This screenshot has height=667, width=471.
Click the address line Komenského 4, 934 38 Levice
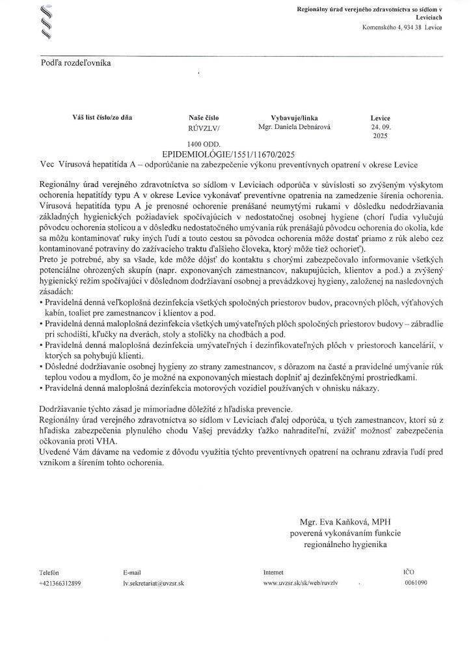point(401,29)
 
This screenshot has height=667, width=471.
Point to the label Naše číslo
point(203,117)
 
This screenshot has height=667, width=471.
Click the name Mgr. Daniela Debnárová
point(294,127)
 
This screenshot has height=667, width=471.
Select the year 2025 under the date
point(380,137)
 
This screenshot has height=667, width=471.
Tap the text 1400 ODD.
point(204,144)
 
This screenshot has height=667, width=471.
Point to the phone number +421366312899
point(60,583)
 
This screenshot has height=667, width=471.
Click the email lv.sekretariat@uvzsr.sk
point(154,583)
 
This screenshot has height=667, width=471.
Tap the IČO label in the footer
point(409,571)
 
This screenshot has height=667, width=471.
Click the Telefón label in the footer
point(49,572)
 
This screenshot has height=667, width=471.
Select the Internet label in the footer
point(273,572)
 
